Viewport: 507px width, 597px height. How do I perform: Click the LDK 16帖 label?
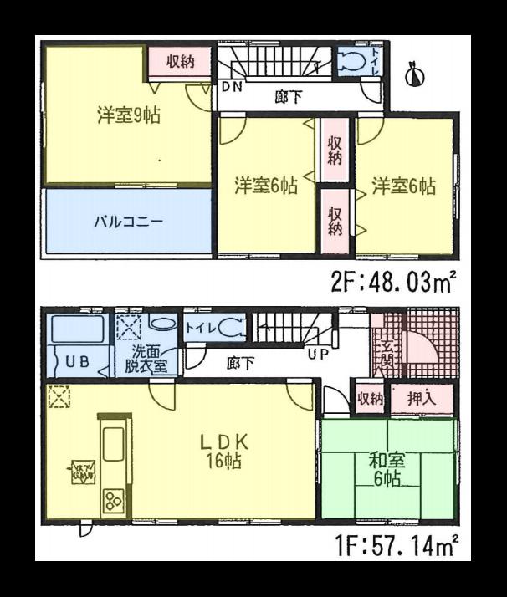click(x=221, y=452)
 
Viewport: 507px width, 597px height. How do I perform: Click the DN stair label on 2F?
click(x=232, y=86)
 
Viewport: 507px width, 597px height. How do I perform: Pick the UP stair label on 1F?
click(x=317, y=354)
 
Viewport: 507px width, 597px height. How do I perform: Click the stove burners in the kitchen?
click(x=112, y=501)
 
